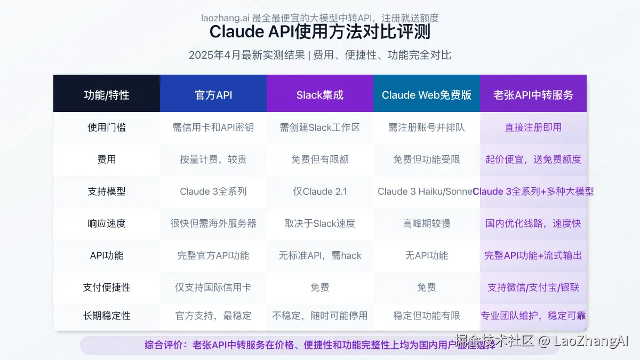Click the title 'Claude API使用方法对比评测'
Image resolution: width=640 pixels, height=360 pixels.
tap(319, 32)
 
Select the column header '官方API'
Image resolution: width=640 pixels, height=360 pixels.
tap(213, 95)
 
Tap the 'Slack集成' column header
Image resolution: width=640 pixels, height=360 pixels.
tap(320, 95)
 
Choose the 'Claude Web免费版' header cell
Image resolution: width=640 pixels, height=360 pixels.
tap(427, 95)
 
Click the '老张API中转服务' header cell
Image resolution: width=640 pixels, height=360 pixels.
tap(533, 95)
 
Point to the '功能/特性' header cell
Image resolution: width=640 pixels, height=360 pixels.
tap(107, 95)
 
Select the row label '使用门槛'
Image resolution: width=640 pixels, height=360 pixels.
tap(107, 127)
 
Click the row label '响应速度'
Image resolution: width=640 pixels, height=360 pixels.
tap(107, 223)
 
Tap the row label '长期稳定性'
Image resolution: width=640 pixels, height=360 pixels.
tap(107, 316)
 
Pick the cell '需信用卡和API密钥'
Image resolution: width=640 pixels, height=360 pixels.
tap(213, 127)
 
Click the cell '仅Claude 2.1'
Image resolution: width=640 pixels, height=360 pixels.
tap(320, 191)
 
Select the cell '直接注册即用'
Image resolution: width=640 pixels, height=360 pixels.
tap(533, 127)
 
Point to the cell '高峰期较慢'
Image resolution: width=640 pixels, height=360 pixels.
tap(427, 223)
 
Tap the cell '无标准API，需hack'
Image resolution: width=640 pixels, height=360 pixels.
tap(320, 255)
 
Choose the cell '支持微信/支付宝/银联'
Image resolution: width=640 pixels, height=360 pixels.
tap(533, 287)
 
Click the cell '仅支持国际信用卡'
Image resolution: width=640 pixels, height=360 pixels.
tap(213, 287)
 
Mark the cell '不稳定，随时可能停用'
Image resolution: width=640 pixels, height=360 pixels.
tap(320, 316)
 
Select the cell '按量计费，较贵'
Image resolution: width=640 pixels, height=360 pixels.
tap(213, 159)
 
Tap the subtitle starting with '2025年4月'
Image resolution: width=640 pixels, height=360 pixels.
tap(319, 55)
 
